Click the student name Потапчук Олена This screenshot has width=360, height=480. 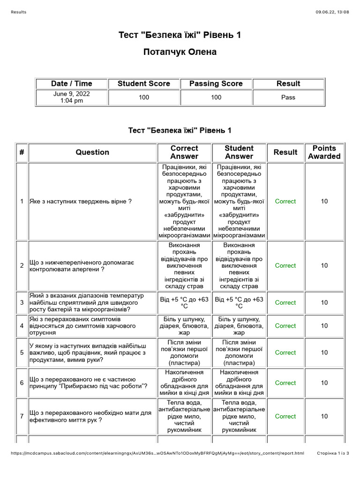(180, 52)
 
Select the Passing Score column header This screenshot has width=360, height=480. (216, 83)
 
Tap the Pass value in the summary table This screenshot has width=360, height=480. (288, 97)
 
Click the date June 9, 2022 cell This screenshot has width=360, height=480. (72, 97)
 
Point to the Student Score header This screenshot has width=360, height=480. (143, 83)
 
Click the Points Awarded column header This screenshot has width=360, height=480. (324, 152)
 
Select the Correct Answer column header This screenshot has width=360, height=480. (184, 152)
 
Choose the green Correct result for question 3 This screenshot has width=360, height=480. (285, 302)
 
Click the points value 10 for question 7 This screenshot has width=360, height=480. (324, 416)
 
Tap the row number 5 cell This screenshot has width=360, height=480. (22, 352)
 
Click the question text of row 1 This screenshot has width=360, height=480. (81, 201)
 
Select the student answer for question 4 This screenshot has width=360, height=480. (239, 325)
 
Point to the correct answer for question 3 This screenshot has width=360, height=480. (184, 302)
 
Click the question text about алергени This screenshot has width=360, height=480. (82, 265)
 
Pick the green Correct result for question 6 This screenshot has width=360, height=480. (285, 382)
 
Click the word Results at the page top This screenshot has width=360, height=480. (18, 12)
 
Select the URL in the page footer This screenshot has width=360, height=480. (157, 453)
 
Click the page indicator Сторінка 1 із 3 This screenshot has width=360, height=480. (333, 453)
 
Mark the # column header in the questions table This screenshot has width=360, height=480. (22, 152)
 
